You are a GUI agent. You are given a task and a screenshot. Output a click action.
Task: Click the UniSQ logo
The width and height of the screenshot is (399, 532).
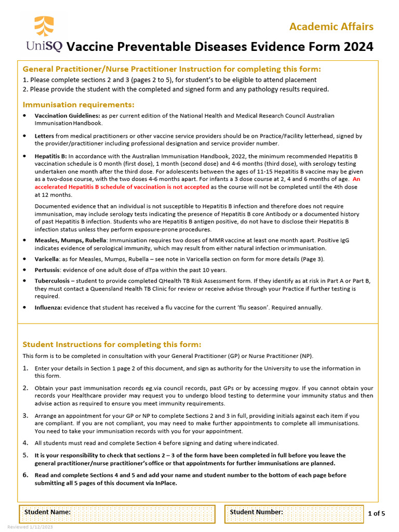pos(44,34)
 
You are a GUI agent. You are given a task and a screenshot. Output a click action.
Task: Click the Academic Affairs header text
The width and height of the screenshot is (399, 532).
pos(331,26)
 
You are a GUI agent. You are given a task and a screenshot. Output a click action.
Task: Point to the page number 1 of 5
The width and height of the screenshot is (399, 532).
pos(376,513)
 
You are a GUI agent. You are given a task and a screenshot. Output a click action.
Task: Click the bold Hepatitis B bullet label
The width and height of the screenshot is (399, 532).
pos(50,156)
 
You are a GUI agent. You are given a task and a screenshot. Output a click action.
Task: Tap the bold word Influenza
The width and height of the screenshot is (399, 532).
pos(48,308)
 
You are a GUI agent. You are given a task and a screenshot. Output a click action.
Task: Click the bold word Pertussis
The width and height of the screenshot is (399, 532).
pos(47,270)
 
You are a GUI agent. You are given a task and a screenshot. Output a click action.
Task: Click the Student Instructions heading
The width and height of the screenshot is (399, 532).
pos(112,344)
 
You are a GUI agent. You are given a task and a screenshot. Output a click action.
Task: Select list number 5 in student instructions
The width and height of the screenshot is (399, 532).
pos(25,456)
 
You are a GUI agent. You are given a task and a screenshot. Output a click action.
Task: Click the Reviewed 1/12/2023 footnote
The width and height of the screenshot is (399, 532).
pos(30,527)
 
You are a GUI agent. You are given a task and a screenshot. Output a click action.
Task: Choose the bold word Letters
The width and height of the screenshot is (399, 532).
pos(44,136)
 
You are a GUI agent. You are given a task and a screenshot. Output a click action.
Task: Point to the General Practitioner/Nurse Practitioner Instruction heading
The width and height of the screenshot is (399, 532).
pos(172,69)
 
